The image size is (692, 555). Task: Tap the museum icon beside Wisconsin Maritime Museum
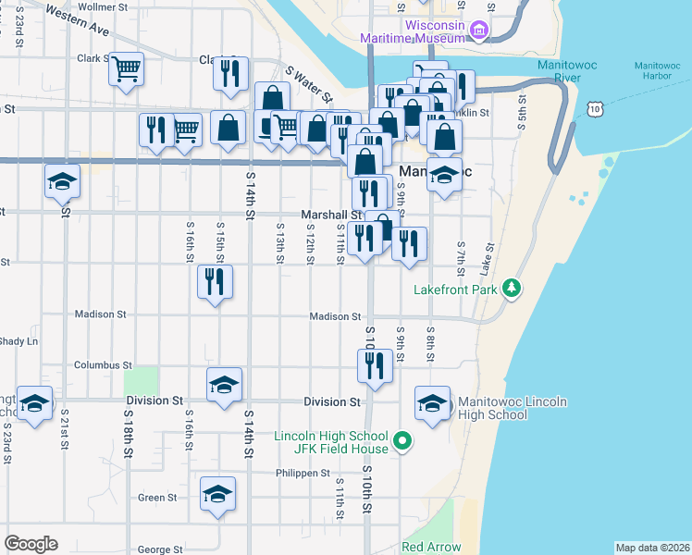tap(479, 31)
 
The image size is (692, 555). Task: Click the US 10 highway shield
tap(594, 109)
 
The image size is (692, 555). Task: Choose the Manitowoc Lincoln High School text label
tap(512, 408)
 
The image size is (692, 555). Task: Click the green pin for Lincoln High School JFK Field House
tap(402, 443)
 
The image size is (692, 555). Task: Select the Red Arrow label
tap(431, 547)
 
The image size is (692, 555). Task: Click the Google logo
tap(31, 544)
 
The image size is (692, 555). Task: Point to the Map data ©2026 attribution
tap(652, 548)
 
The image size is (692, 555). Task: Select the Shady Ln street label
tap(19, 341)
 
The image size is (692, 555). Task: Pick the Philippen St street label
tap(303, 473)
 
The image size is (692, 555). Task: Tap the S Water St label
tap(309, 84)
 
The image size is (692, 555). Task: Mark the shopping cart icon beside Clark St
tap(126, 68)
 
